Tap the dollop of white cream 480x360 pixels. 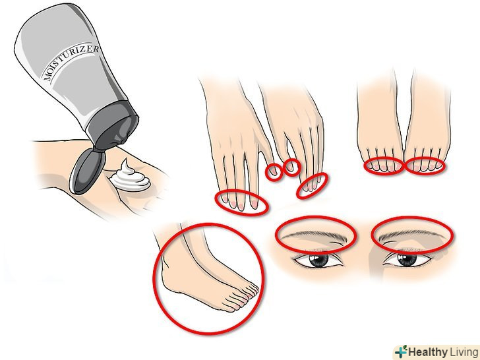(130, 177)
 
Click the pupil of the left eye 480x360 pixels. (318, 260)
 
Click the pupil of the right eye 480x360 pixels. (407, 260)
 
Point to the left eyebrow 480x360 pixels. (315, 236)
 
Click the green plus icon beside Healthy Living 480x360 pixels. (401, 351)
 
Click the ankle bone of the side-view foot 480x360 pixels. (166, 261)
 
